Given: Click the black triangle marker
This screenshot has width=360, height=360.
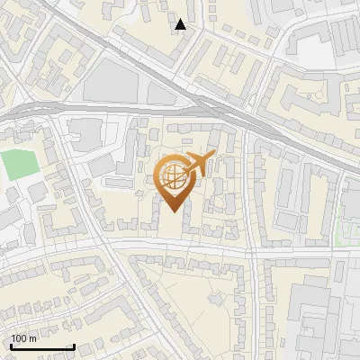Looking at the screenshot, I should (181, 24).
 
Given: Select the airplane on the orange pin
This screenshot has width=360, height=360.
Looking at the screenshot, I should (199, 163).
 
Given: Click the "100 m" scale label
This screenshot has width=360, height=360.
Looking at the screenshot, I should (23, 338).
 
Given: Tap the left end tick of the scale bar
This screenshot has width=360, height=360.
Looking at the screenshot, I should (11, 345).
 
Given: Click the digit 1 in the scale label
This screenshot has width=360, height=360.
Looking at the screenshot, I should (13, 338).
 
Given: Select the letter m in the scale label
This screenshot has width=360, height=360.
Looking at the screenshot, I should (33, 338).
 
